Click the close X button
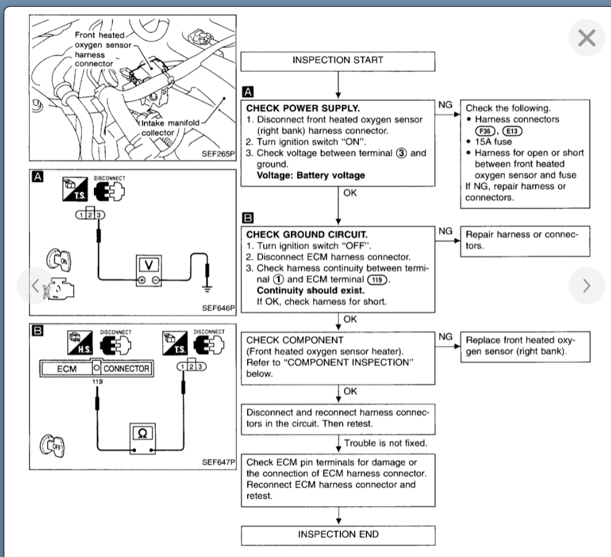tap(586, 39)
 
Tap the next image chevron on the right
tap(586, 285)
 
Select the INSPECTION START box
tap(338, 60)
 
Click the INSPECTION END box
tap(338, 534)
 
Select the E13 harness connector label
tap(513, 131)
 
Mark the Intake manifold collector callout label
tap(168, 127)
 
